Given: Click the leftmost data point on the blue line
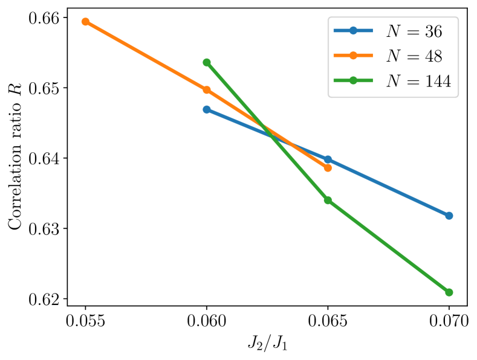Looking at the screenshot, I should (207, 109).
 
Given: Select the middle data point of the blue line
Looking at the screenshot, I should (328, 159).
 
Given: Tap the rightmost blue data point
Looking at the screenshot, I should (449, 216).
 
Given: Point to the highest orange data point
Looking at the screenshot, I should (86, 22).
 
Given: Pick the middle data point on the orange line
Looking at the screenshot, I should (207, 90).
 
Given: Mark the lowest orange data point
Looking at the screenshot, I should (328, 168).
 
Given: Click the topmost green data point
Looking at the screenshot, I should (207, 62).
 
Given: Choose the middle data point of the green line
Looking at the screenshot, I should (328, 200).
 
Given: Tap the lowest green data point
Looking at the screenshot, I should (449, 292).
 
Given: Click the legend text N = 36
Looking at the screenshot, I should (414, 31).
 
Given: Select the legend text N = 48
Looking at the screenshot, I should (414, 56).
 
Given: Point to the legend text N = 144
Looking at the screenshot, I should (418, 81).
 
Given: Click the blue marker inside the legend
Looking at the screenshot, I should (353, 31).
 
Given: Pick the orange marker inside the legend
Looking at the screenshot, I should (353, 56).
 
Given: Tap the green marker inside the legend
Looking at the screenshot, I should (353, 80).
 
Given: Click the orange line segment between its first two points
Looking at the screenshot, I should (146, 56).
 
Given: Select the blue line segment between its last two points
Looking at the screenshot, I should (388, 187).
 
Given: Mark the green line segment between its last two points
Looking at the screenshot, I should (388, 246).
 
